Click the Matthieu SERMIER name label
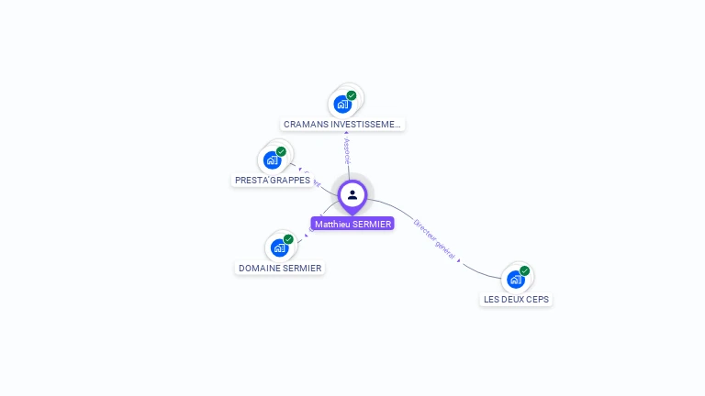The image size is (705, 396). [352, 224]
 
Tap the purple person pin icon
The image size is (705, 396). [352, 194]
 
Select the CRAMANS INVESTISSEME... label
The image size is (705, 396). [341, 124]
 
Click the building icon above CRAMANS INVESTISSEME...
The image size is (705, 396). [342, 104]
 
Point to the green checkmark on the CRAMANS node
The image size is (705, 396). [352, 95]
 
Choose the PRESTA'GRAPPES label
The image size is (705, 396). [272, 181]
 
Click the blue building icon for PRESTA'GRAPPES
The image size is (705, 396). [272, 160]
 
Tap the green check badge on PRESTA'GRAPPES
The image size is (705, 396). [281, 151]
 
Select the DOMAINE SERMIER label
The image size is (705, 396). [280, 268]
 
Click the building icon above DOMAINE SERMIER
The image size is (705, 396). [278, 248]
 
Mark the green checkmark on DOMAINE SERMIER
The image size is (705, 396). [288, 239]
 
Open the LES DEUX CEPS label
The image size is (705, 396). [517, 300]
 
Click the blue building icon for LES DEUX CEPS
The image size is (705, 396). [515, 280]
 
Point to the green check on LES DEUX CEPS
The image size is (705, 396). [525, 270]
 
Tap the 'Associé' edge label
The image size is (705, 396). [347, 151]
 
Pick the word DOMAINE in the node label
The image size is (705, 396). [259, 268]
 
